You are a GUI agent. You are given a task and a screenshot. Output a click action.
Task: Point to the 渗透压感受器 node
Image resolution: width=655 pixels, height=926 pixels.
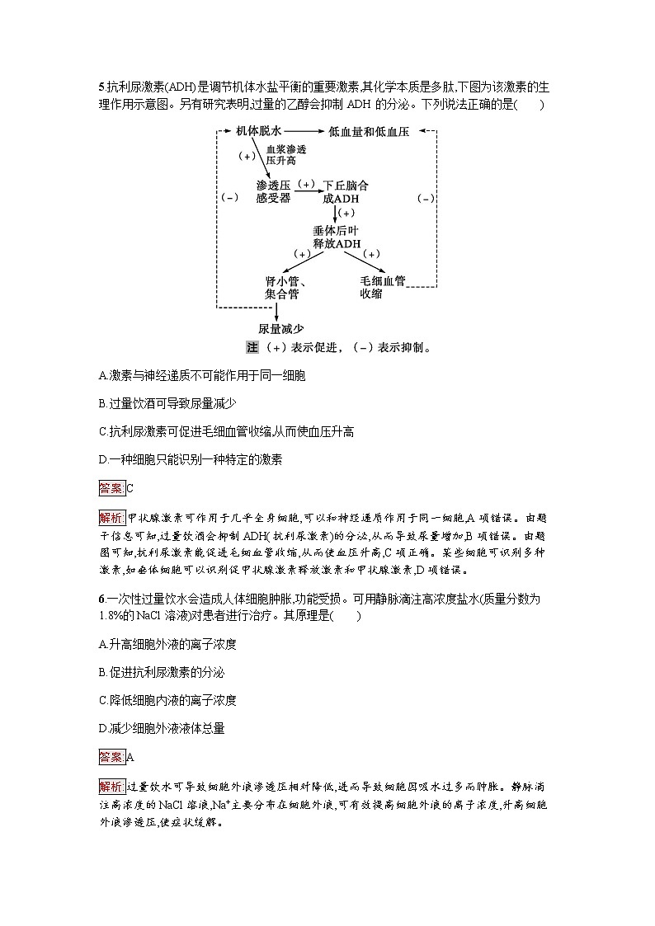tap(273, 191)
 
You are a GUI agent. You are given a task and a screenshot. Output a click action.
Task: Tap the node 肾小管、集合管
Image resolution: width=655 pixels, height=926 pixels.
tap(281, 287)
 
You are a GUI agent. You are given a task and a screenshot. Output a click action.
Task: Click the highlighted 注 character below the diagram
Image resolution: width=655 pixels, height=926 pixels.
tap(252, 348)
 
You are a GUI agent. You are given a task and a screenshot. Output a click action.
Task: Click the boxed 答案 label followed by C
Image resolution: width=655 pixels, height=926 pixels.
tap(111, 488)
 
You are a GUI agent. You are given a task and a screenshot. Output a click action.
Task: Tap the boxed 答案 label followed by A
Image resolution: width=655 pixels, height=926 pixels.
tap(111, 756)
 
